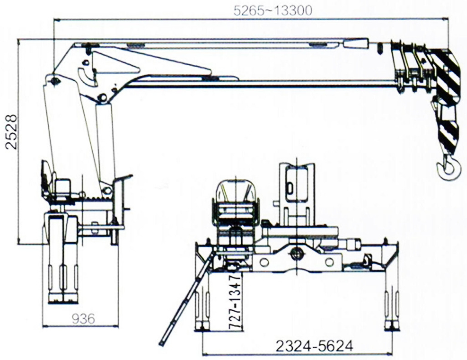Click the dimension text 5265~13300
(x=273, y=10)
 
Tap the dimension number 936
(x=83, y=319)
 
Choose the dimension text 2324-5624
(x=314, y=346)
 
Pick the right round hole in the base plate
(x=329, y=262)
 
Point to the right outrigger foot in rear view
(x=391, y=325)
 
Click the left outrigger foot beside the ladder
(x=202, y=325)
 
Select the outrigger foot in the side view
(x=63, y=299)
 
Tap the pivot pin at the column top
(x=56, y=81)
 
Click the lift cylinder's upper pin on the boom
(x=103, y=97)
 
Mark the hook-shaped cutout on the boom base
(x=87, y=77)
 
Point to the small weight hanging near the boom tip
(x=380, y=48)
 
